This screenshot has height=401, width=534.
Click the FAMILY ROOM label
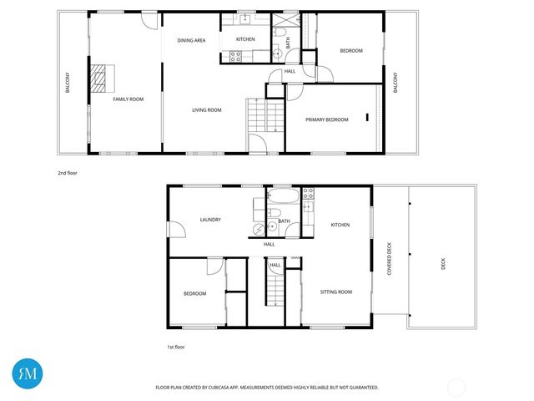coord(128,99)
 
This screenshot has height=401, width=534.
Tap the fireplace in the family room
coord(100,78)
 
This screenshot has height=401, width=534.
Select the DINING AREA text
coord(191,40)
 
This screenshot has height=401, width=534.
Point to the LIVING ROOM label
coord(206,110)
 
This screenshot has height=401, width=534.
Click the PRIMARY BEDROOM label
coord(326,119)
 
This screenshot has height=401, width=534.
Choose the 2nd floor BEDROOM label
coord(350,51)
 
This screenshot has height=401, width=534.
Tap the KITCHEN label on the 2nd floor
coord(245,40)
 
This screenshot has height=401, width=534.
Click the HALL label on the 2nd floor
coord(290,71)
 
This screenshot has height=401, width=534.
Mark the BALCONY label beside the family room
coord(68,84)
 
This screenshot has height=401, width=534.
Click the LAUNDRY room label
coord(210,220)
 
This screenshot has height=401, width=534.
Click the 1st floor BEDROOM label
coord(194,293)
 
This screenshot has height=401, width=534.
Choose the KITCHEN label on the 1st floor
coord(340,225)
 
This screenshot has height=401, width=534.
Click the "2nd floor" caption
coord(68,174)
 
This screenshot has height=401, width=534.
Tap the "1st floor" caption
coord(177,345)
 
